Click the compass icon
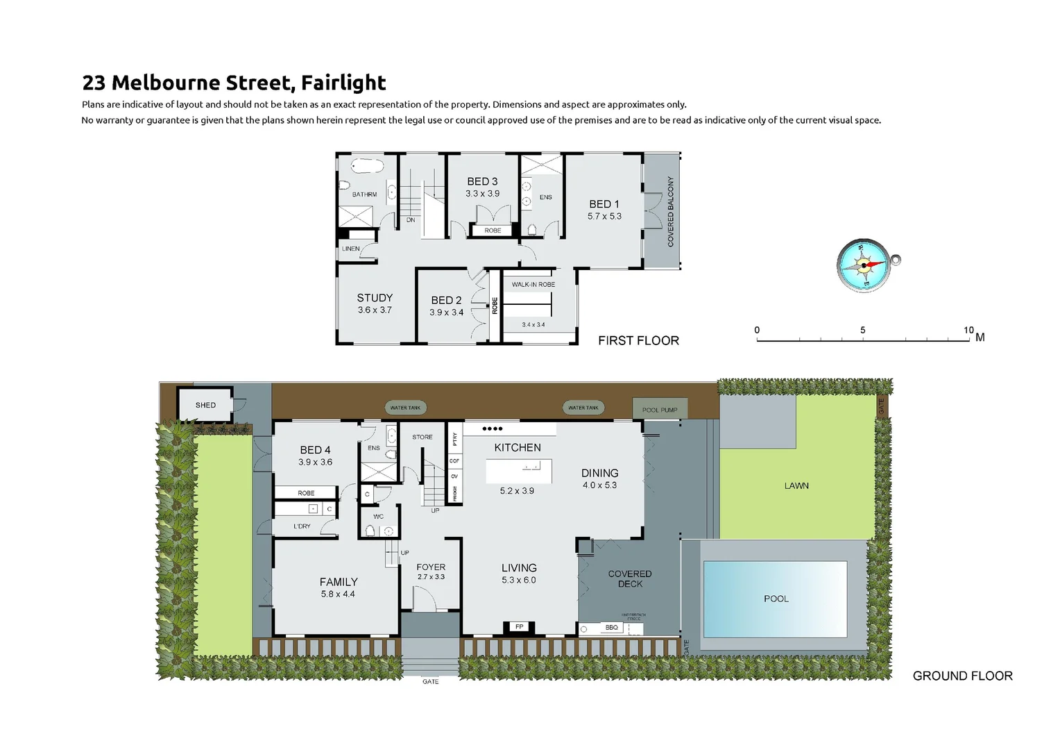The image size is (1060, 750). click(x=864, y=265)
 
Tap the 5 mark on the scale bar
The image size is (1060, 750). click(x=862, y=331)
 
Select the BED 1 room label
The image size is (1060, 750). click(x=604, y=204)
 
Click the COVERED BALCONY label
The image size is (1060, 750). click(x=670, y=211)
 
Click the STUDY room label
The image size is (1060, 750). click(x=375, y=298)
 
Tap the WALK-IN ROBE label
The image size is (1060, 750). click(x=533, y=285)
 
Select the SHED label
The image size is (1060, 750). click(x=205, y=405)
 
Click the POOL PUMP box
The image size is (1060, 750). click(x=659, y=409)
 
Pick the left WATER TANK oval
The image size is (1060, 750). click(x=405, y=408)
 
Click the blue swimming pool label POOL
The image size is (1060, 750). click(x=776, y=599)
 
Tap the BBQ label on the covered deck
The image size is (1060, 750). click(x=611, y=628)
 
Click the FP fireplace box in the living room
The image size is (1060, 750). click(x=519, y=627)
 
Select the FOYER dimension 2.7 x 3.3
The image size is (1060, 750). click(x=431, y=577)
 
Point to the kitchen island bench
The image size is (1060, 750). click(x=518, y=471)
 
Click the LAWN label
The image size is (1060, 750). click(x=796, y=486)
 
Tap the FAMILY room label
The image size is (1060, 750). click(x=339, y=582)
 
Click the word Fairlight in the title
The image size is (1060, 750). click(x=343, y=83)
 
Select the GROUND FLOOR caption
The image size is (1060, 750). click(x=962, y=676)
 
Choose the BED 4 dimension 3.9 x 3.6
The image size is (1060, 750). click(x=315, y=462)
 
